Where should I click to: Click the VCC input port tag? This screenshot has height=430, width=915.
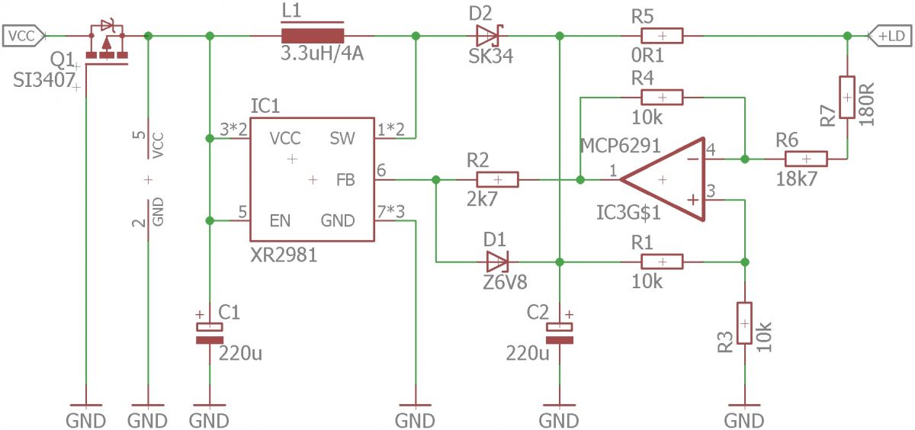(24, 36)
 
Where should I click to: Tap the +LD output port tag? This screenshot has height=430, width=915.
(890, 36)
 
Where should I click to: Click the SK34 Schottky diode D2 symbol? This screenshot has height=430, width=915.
(490, 36)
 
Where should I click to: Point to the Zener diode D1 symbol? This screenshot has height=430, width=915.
(497, 262)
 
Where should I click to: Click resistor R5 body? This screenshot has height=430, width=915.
(662, 36)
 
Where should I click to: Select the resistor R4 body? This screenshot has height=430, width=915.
(662, 98)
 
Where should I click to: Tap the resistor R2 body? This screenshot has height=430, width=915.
(497, 180)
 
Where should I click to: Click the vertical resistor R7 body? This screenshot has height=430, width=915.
(847, 97)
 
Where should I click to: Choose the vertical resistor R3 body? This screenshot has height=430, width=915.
(744, 323)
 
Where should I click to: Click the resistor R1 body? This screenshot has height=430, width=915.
(662, 262)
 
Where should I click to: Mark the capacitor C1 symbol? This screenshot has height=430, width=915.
(210, 333)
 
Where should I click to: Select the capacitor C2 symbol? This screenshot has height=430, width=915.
(560, 333)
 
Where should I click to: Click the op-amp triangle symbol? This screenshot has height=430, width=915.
(663, 180)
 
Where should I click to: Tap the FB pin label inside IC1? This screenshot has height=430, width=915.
(345, 180)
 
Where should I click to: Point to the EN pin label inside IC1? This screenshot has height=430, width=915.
(281, 221)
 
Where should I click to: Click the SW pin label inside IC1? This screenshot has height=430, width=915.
(342, 139)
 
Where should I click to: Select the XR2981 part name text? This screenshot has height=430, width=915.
(284, 255)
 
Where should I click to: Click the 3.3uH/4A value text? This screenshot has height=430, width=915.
(323, 53)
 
